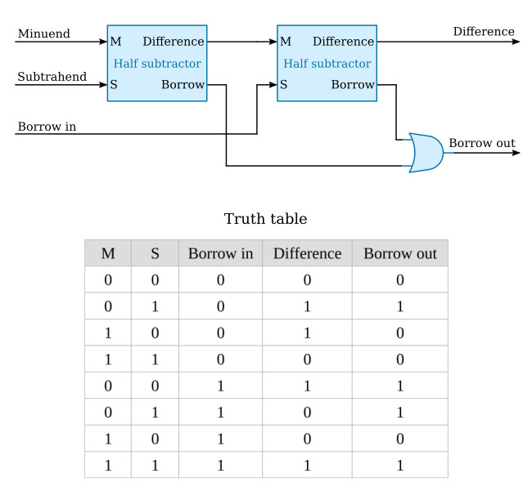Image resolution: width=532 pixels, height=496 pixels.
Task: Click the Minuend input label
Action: pyautogui.click(x=43, y=34)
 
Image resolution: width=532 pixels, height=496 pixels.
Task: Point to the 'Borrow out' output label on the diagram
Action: pyautogui.click(x=481, y=143)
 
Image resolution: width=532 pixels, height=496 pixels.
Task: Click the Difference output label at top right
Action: pyautogui.click(x=484, y=32)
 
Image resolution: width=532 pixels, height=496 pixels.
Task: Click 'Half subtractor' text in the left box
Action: pyautogui.click(x=156, y=63)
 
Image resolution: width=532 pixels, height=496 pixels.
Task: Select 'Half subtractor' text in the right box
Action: pyautogui.click(x=327, y=63)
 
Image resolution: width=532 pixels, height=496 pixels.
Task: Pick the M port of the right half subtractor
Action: pyautogui.click(x=285, y=42)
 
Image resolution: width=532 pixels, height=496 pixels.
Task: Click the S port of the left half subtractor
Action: pyautogui.click(x=114, y=84)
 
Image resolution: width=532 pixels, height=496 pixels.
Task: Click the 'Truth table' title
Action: pyautogui.click(x=265, y=219)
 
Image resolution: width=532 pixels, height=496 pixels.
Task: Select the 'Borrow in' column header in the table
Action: pyautogui.click(x=220, y=253)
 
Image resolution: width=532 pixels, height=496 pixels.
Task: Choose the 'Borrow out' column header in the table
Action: pyautogui.click(x=399, y=253)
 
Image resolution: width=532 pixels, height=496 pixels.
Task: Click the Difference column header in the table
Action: pyautogui.click(x=307, y=253)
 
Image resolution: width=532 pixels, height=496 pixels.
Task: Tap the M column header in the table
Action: pyautogui.click(x=107, y=253)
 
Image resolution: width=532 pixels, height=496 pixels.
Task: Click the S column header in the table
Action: pyautogui.click(x=155, y=253)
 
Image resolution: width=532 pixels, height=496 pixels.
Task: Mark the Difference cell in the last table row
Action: pyautogui.click(x=307, y=464)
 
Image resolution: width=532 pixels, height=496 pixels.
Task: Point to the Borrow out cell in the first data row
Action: pyautogui.click(x=399, y=279)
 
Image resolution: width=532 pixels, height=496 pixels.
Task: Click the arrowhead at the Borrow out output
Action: pyautogui.click(x=515, y=153)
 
